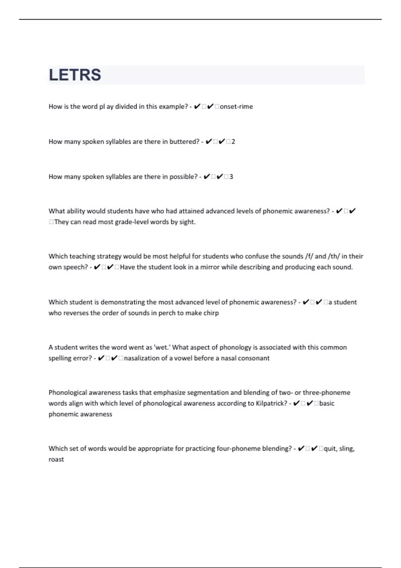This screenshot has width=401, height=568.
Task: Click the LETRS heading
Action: click(x=75, y=75)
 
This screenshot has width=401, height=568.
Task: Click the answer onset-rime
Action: click(x=236, y=107)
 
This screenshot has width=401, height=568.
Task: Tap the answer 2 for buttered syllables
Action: click(x=233, y=142)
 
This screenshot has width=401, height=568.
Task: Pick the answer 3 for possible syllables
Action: click(x=231, y=177)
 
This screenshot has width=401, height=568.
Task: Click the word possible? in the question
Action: click(x=183, y=177)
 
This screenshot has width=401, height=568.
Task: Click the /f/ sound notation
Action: click(x=309, y=256)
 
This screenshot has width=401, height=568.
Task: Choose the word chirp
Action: click(x=211, y=313)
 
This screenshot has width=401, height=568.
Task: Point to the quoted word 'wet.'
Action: click(x=162, y=347)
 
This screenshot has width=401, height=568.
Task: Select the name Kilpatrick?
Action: click(x=271, y=403)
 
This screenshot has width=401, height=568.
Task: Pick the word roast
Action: click(x=56, y=459)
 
